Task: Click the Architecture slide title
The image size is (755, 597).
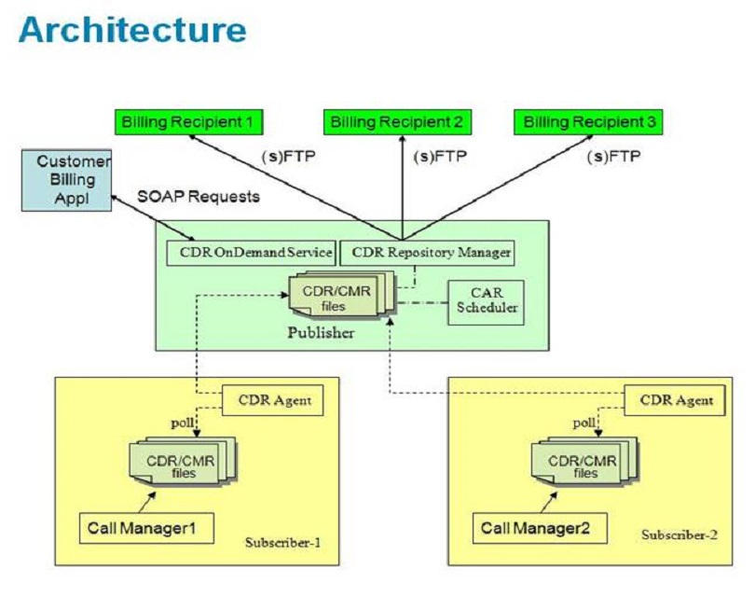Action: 132,30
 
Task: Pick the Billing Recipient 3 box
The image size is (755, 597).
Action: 590,122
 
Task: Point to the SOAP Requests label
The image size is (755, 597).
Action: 199,197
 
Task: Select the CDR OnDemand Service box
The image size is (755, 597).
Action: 251,251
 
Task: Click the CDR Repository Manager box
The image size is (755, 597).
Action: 427,251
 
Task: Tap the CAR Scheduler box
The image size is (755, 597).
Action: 487,300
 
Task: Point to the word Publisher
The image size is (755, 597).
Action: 320,333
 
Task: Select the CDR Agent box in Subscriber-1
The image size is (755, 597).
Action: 273,401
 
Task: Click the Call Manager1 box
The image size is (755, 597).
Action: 144,528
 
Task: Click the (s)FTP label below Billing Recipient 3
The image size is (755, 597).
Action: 614,156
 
